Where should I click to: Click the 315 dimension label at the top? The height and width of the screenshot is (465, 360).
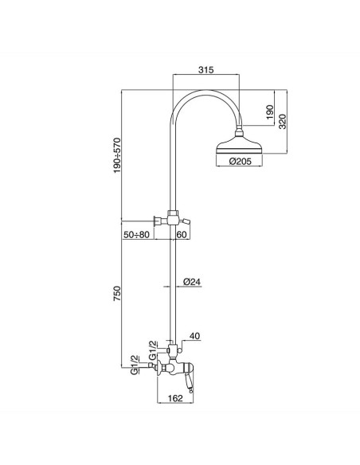click(205, 70)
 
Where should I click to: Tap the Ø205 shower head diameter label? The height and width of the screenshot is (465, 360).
click(241, 162)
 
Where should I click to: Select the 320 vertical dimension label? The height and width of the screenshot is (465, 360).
click(283, 121)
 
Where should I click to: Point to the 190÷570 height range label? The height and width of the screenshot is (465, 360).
click(118, 155)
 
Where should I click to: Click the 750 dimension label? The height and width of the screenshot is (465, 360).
click(117, 294)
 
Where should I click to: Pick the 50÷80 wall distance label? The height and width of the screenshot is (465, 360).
click(136, 235)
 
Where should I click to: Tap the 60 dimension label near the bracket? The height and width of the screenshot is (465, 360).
click(182, 235)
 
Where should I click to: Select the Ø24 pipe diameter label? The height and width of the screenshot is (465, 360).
click(192, 282)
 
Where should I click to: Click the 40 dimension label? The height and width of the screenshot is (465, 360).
click(194, 336)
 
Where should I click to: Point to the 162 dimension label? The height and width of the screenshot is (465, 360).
click(175, 398)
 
